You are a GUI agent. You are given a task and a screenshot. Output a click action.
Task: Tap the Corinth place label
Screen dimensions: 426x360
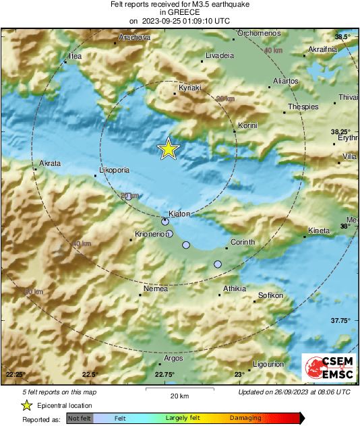[x=243, y=242]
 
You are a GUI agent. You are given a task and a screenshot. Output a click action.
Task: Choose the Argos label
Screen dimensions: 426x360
[x=173, y=359]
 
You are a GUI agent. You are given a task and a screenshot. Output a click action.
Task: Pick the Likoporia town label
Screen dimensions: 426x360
[x=113, y=171]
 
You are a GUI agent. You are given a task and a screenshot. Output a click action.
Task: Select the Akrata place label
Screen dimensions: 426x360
[x=50, y=164]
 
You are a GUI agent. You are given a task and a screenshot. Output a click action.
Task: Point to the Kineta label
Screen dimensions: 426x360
[x=319, y=231]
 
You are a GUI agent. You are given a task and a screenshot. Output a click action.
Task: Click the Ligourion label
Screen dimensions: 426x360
[x=268, y=364]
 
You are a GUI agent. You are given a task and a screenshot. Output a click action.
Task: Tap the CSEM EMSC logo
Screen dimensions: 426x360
[x=326, y=368]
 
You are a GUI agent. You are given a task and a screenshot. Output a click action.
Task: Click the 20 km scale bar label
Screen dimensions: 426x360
[x=179, y=396]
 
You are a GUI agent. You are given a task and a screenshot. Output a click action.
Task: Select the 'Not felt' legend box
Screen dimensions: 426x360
[x=80, y=419]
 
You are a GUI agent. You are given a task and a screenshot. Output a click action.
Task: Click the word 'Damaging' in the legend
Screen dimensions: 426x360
[x=245, y=419]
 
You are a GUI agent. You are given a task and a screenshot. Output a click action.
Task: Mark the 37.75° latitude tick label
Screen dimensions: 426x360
[x=340, y=321]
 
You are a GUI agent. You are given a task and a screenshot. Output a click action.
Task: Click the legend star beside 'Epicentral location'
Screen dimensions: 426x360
[x=26, y=405]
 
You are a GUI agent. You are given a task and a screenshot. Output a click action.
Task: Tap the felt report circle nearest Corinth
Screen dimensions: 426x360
[x=218, y=265]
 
